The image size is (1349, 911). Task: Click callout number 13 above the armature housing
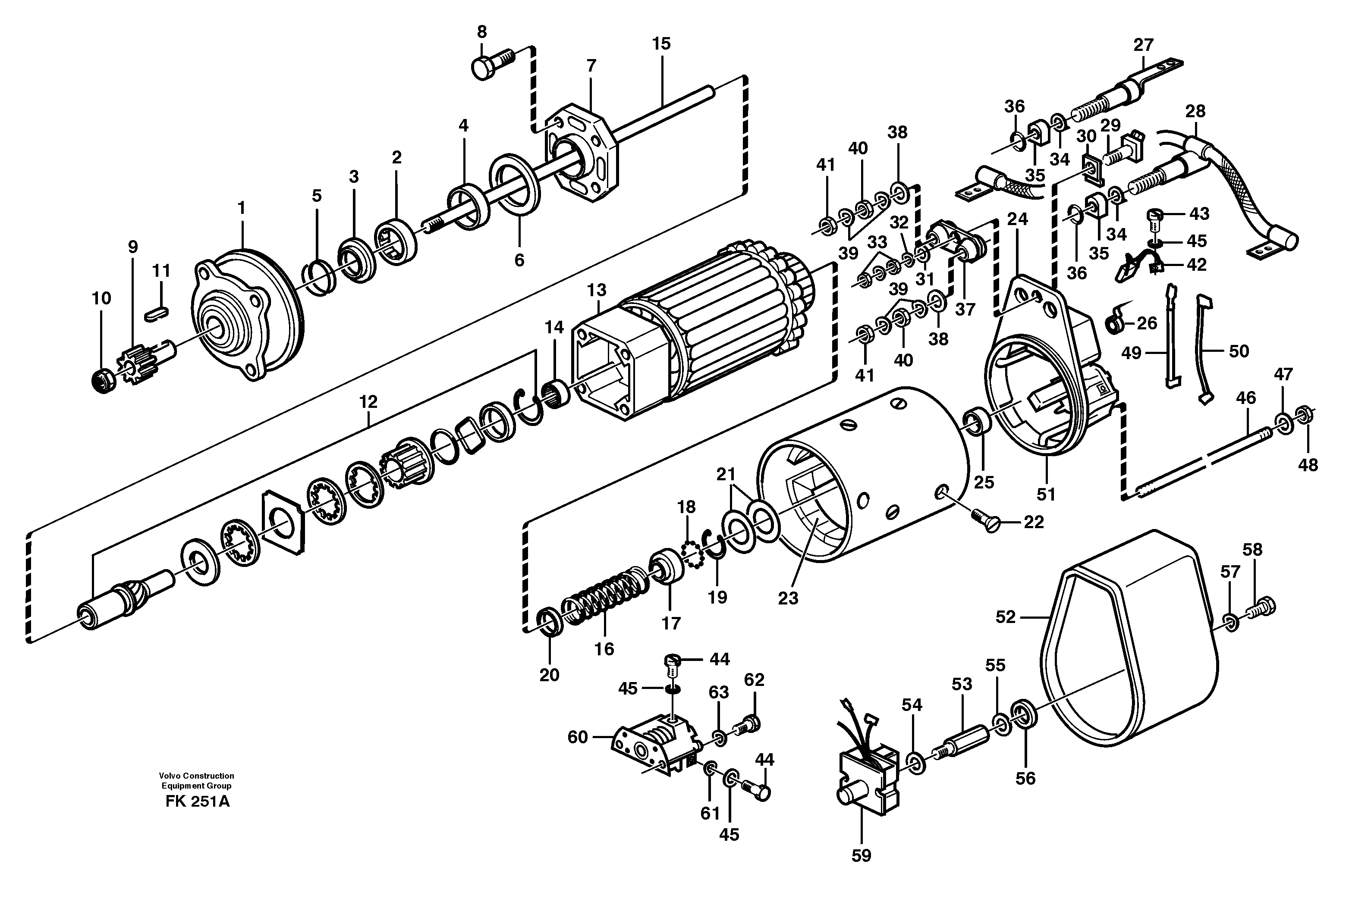click(596, 290)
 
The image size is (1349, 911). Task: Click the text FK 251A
click(197, 802)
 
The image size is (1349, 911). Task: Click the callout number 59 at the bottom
click(862, 855)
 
